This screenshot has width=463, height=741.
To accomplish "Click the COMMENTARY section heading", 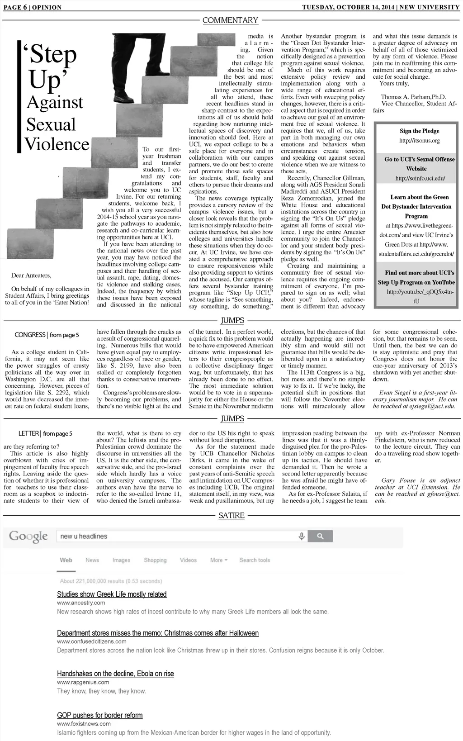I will tap(230, 20).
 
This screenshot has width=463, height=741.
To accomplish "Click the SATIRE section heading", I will tap(231, 515).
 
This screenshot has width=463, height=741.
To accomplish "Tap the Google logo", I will tap(28, 537).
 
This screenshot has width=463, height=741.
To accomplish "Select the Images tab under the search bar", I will tap(121, 560).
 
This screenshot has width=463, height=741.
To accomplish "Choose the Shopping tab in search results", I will tap(155, 560).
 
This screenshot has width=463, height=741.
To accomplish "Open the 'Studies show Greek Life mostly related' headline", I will tap(112, 594).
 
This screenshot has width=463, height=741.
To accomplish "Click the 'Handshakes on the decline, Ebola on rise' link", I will tap(115, 674).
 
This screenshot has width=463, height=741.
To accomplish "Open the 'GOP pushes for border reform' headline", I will tap(99, 715).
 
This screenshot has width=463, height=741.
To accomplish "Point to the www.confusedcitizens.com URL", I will tap(92, 641).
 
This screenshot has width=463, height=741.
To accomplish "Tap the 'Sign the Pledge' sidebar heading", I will tap(419, 131).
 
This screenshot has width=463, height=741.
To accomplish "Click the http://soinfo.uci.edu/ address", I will tap(420, 179).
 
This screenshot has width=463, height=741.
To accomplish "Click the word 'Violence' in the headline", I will tap(57, 144).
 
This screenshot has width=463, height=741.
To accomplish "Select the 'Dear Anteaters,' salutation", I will tap(31, 275).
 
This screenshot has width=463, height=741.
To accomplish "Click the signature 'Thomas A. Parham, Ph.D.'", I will tap(413, 97).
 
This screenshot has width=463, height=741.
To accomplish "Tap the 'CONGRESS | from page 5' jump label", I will tap(47, 335).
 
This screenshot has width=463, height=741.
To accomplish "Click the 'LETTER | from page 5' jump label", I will tap(45, 434).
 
